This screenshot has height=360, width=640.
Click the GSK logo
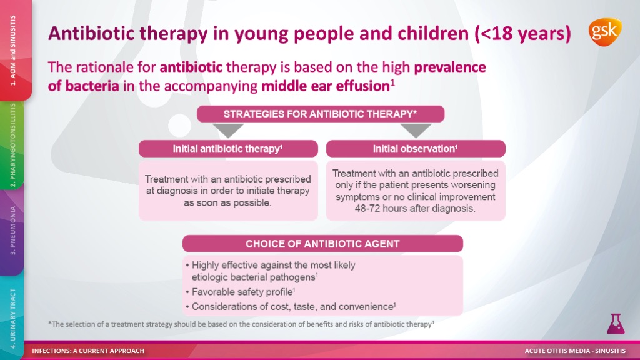(x=605, y=32)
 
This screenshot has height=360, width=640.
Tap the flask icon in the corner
(x=616, y=324)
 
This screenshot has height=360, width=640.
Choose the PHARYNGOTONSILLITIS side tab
(x=12, y=145)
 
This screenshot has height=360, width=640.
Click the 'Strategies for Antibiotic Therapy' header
(x=321, y=114)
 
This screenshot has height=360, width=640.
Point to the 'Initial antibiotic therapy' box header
(x=228, y=149)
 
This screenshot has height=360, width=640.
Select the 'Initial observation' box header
(x=416, y=149)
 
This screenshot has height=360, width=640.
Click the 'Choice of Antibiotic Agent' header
(x=322, y=244)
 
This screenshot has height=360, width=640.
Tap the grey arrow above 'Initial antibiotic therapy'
(x=228, y=131)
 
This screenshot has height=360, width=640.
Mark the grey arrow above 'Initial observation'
(x=416, y=131)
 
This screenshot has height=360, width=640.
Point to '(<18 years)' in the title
(x=523, y=34)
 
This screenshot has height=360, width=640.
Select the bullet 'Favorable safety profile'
(x=241, y=292)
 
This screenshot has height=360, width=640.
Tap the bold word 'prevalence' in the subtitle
(x=450, y=67)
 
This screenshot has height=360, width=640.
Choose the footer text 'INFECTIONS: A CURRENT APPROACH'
(x=88, y=351)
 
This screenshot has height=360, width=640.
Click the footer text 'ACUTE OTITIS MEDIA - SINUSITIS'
(x=575, y=351)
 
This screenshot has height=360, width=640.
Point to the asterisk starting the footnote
(x=50, y=323)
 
